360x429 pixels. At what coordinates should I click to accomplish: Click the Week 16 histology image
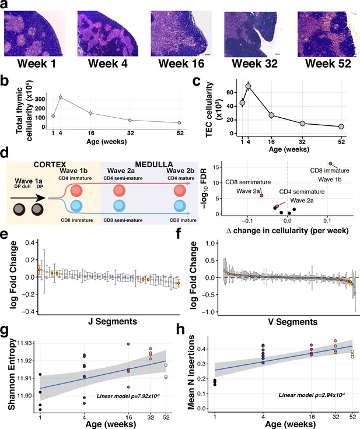point(181,34)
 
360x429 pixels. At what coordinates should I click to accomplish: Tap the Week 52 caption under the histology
point(328,64)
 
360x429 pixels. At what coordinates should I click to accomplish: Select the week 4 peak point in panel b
point(61,97)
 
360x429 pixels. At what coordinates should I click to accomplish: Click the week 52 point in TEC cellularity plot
point(341,126)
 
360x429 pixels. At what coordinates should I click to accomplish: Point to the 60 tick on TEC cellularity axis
point(230,93)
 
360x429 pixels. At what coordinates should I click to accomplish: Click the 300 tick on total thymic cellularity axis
point(40,99)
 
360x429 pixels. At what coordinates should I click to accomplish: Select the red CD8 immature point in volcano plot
point(330,164)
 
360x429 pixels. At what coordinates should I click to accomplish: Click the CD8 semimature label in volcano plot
point(248,182)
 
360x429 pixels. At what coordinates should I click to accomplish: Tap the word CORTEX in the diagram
point(50,164)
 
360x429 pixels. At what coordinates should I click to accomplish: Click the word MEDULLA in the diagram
point(154,164)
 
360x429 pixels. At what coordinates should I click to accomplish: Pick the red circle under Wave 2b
point(180,191)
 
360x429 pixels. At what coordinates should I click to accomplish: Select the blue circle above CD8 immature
point(76,206)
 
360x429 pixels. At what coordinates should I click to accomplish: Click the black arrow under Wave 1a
point(27,198)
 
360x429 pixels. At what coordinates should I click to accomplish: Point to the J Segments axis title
point(113,321)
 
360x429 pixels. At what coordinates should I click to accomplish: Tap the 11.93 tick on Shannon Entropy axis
point(26,343)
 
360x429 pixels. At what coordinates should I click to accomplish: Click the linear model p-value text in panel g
point(128,396)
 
